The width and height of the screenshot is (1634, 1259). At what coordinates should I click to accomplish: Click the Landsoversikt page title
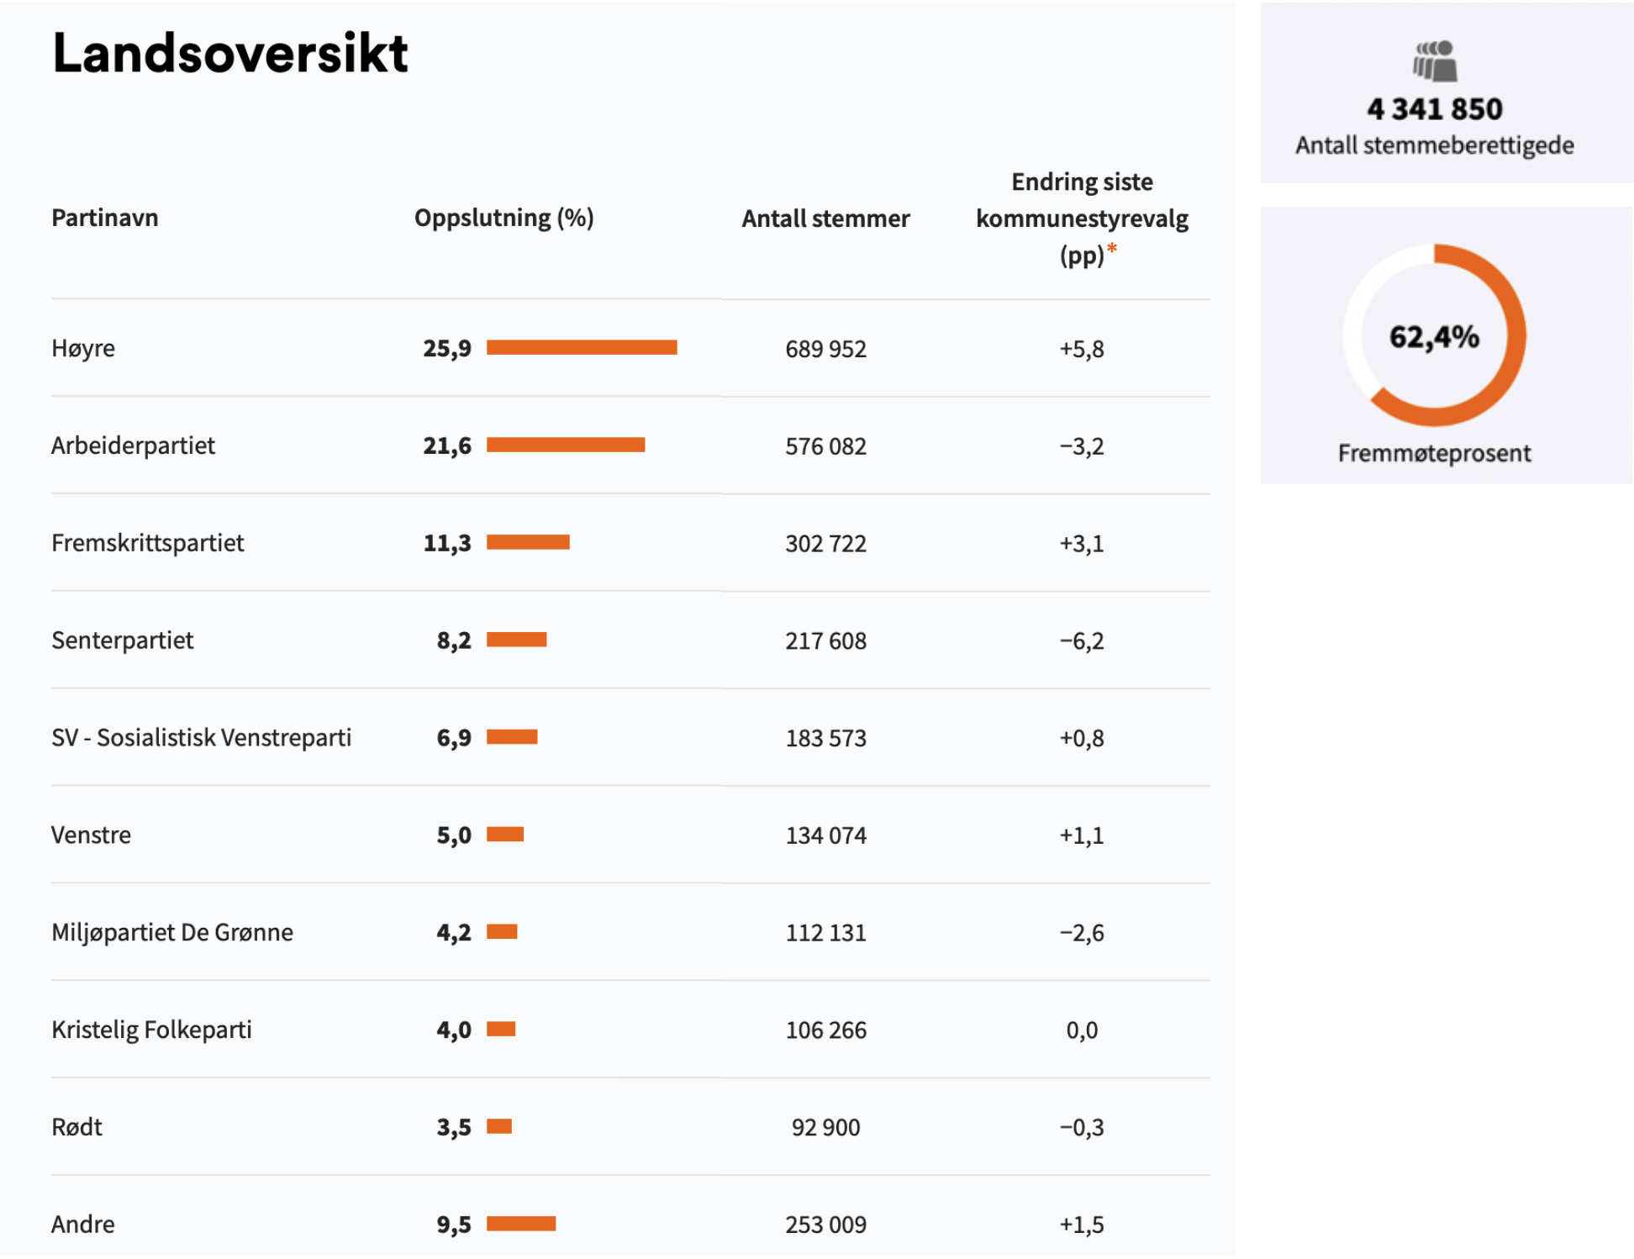click(229, 54)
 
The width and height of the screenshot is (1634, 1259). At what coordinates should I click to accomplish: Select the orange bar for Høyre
click(582, 348)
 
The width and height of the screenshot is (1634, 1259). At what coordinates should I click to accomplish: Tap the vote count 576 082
click(825, 446)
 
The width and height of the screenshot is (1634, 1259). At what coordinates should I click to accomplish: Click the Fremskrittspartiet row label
click(148, 543)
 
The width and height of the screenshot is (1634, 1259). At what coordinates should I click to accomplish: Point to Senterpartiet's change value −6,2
click(1081, 641)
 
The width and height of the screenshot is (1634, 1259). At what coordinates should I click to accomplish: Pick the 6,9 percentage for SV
click(454, 738)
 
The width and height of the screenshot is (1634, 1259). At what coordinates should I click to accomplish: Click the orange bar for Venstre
click(505, 835)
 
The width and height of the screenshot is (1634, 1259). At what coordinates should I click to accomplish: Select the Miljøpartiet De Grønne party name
click(172, 933)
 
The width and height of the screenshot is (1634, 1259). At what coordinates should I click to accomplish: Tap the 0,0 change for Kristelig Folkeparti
click(1081, 1030)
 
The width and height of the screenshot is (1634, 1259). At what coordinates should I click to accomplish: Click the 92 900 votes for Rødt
click(825, 1128)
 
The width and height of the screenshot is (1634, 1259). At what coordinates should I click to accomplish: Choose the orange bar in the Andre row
click(521, 1224)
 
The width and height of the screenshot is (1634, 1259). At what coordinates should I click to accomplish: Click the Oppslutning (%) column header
click(503, 219)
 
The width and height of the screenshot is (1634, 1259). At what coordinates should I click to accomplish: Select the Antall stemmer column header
click(825, 219)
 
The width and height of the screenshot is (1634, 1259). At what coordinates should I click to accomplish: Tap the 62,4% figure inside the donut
click(1434, 337)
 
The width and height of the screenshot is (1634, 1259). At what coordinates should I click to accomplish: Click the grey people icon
click(1434, 61)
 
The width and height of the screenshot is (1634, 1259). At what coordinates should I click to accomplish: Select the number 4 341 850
click(1434, 109)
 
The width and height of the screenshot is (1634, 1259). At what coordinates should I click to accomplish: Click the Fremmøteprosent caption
click(1434, 454)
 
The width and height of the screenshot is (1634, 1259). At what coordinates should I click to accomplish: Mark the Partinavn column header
click(105, 219)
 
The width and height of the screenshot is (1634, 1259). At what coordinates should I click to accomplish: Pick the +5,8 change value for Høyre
click(1081, 349)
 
